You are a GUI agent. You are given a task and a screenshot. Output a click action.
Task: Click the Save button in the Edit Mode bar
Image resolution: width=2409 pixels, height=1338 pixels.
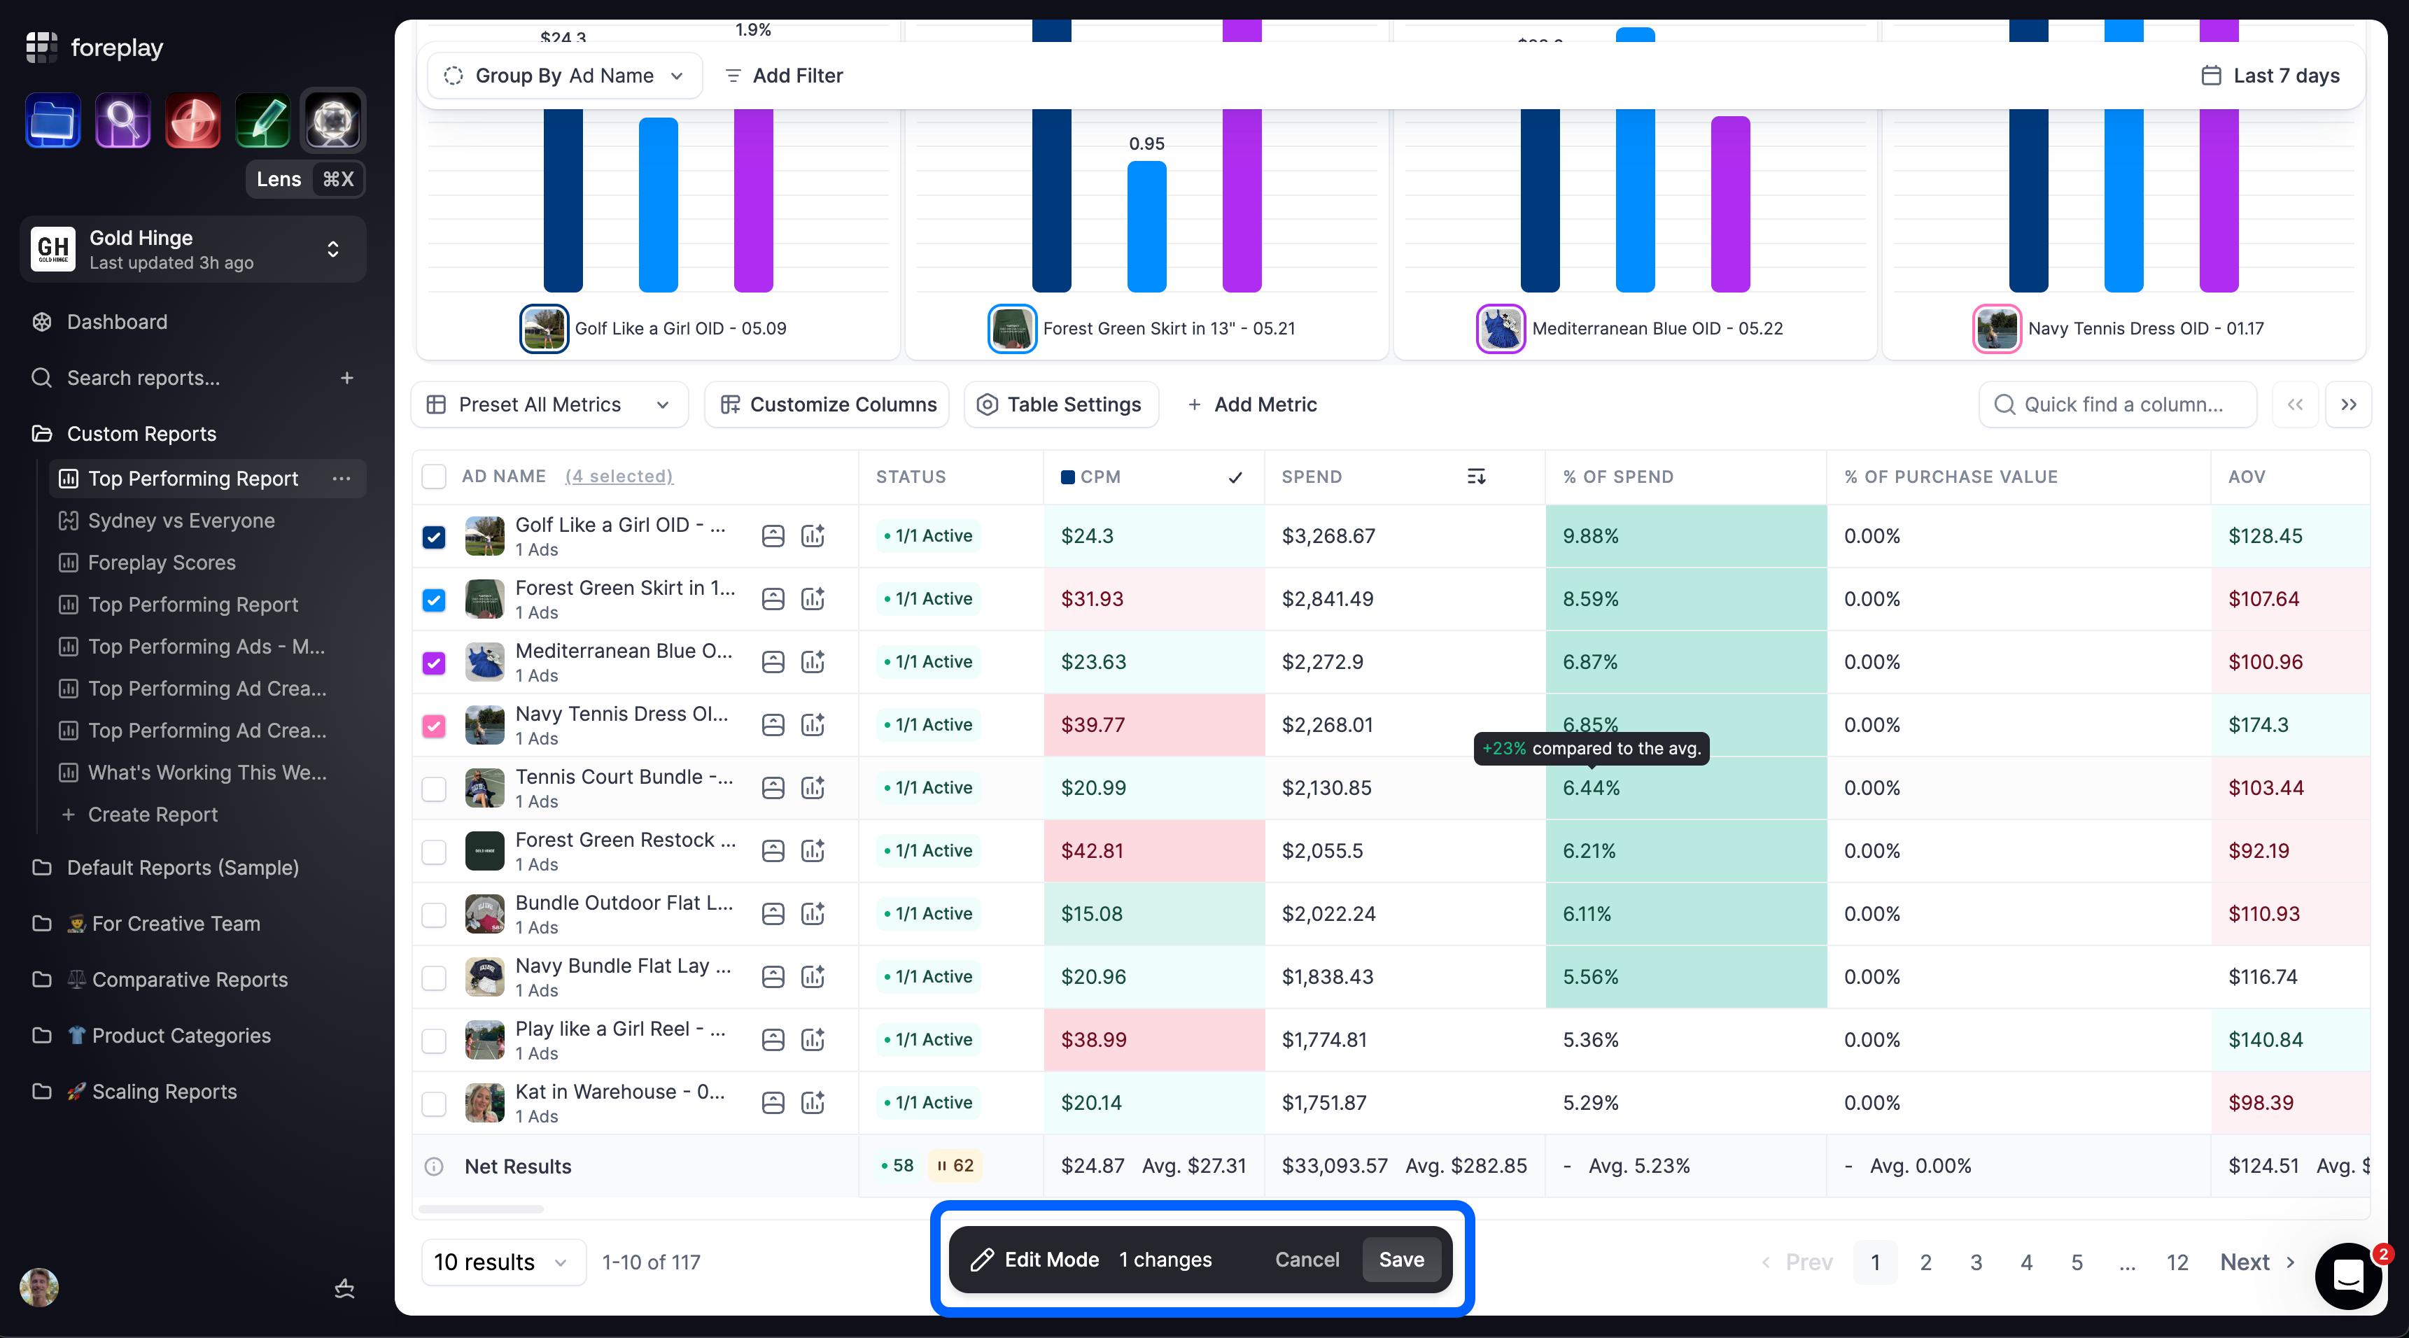coord(1401,1260)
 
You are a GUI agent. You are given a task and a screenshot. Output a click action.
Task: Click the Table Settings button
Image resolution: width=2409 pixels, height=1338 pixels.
coord(1060,404)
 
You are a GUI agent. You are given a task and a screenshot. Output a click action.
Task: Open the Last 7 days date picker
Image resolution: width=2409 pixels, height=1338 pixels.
coord(2270,76)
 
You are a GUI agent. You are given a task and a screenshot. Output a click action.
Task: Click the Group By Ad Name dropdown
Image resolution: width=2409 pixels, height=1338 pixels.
coord(565,76)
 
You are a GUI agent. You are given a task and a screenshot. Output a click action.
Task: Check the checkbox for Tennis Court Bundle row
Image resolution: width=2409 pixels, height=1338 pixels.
coord(434,788)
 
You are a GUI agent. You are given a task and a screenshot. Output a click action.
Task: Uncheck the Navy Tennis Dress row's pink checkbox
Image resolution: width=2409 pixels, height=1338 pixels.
coord(434,726)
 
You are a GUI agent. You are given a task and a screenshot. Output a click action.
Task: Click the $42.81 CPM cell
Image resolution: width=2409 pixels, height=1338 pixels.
coord(1154,851)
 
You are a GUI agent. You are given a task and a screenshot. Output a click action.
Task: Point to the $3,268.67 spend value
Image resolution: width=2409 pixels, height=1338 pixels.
coord(1328,536)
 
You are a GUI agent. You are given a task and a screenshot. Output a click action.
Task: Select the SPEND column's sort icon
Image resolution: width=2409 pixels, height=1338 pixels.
coord(1475,477)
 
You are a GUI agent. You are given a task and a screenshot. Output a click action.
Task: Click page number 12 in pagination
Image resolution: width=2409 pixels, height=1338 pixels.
coord(2177,1262)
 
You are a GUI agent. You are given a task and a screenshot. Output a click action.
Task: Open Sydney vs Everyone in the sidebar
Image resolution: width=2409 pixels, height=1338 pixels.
coord(181,521)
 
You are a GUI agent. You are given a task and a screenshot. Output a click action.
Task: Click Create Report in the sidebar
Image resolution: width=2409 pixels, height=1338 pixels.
coord(153,815)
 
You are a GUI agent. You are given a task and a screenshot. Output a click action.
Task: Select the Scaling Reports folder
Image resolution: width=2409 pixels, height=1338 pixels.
coord(164,1091)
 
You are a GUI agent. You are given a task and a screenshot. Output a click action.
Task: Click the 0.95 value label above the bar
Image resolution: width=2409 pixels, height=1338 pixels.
coord(1146,144)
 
